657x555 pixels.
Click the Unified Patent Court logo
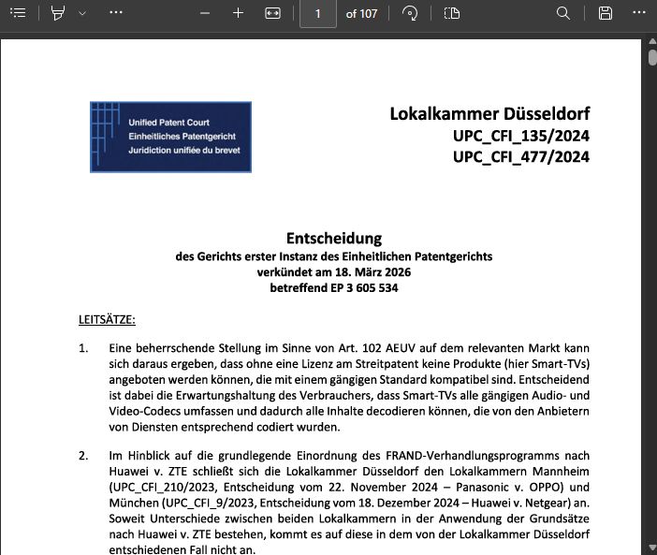(x=170, y=137)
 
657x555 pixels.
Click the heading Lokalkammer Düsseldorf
(x=489, y=114)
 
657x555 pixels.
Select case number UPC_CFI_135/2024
(x=521, y=136)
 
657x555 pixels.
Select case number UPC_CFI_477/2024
(x=521, y=156)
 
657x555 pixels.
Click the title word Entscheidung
(x=334, y=238)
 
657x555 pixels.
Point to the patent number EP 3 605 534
(x=362, y=288)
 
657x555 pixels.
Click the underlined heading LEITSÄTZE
(x=107, y=319)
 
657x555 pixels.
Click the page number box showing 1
(x=318, y=13)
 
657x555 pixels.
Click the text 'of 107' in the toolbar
(x=362, y=13)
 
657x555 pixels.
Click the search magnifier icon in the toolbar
(x=562, y=13)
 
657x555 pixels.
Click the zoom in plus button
(x=238, y=13)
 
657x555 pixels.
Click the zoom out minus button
(x=202, y=13)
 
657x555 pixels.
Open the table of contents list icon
(x=18, y=13)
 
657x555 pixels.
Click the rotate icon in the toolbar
(x=409, y=13)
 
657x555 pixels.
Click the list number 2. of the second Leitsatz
(x=84, y=456)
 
